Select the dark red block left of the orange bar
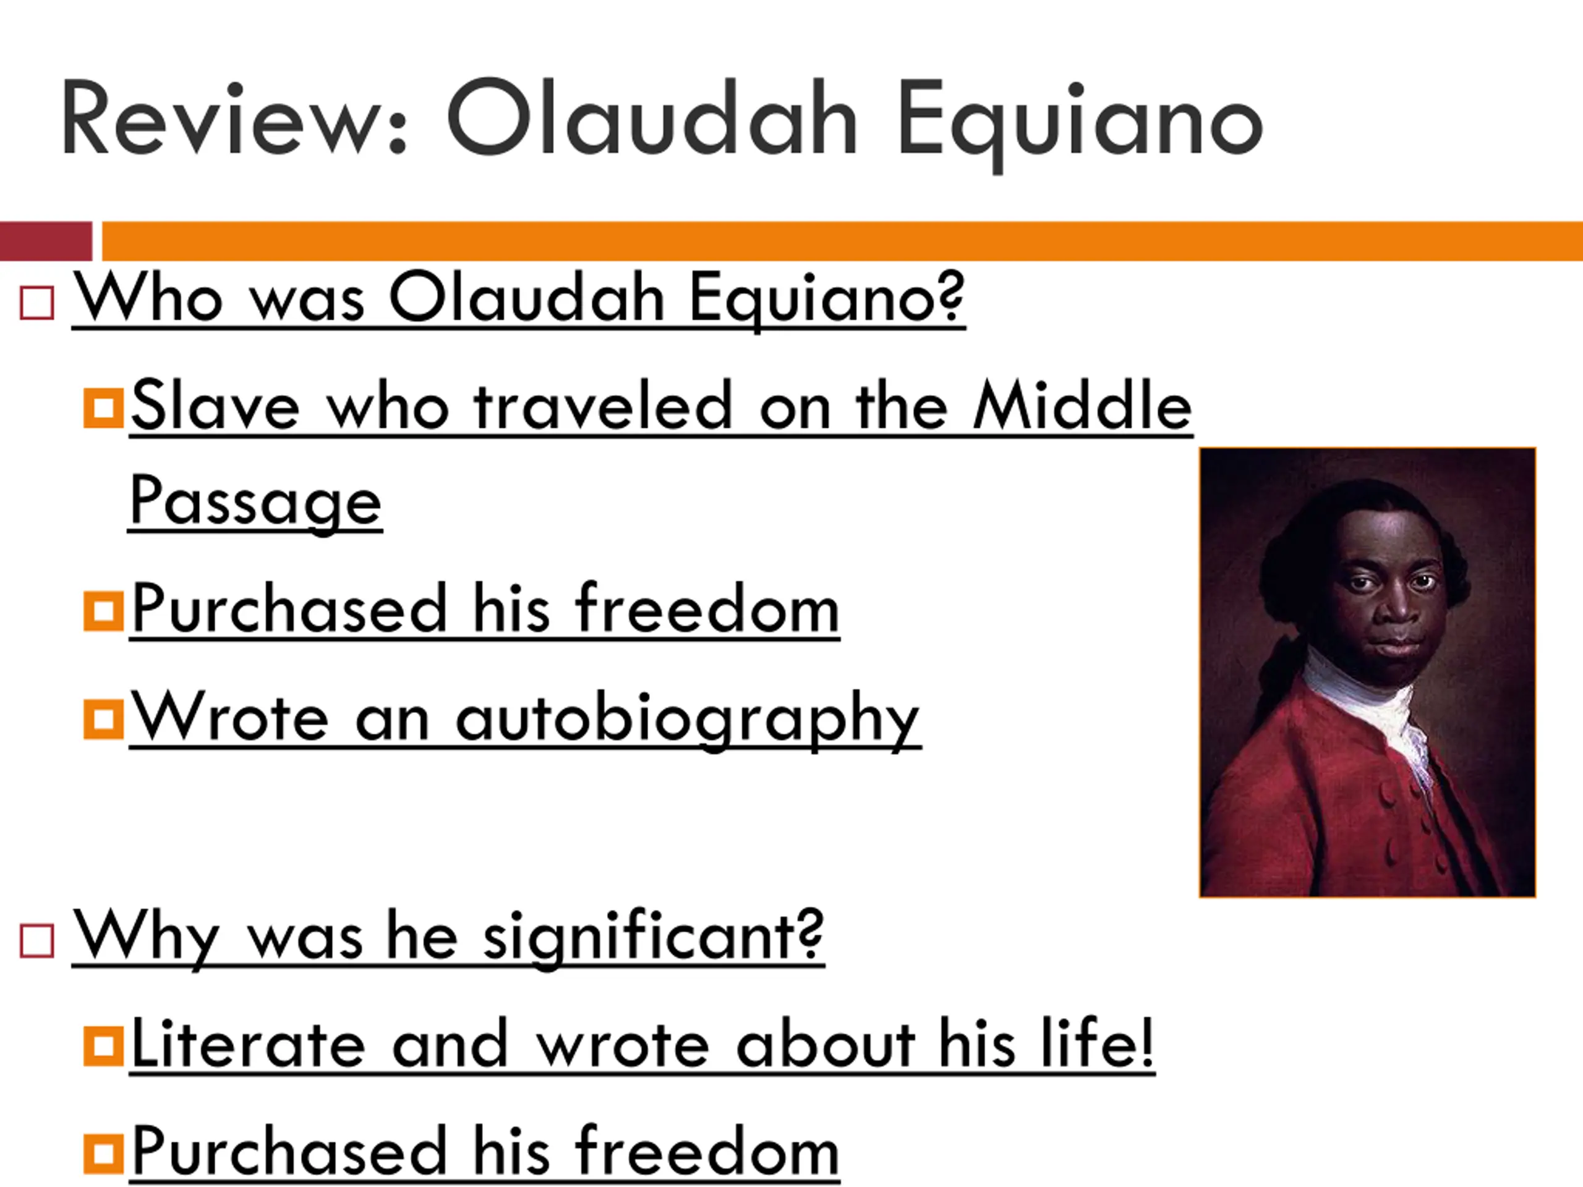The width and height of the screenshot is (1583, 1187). click(46, 241)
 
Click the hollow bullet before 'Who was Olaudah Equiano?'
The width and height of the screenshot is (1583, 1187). click(37, 303)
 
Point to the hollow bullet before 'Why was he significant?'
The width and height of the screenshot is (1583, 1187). click(37, 940)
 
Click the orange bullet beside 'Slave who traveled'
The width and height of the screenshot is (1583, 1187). click(103, 408)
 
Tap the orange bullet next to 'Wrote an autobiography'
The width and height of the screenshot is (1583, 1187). click(103, 719)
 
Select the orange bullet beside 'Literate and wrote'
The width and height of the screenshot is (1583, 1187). click(103, 1046)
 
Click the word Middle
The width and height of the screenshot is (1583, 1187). click(1082, 406)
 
